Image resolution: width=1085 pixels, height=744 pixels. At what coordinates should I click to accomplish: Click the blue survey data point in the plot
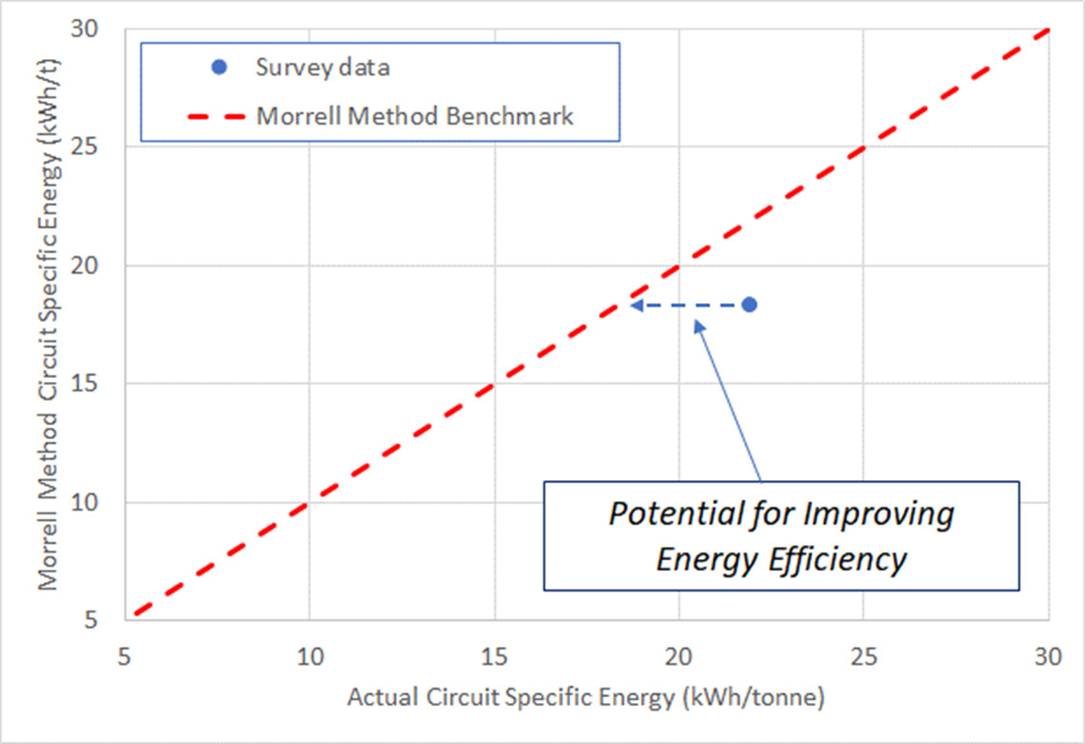pos(749,305)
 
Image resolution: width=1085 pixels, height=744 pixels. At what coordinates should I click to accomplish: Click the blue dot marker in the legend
pos(220,67)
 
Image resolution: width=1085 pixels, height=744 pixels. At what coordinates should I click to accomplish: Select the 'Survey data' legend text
pos(323,67)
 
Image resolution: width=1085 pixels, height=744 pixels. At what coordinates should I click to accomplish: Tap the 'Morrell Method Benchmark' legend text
pos(415,116)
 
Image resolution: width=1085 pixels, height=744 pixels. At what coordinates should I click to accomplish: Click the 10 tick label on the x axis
pos(309,656)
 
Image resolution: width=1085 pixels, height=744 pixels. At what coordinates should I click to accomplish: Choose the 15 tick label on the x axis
pos(494,656)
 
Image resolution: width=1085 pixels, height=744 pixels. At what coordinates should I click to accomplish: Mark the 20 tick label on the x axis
pos(679,656)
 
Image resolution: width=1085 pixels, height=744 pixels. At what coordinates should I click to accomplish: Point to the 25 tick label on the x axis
pos(863,656)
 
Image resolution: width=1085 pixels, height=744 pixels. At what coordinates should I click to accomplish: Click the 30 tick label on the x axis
pos(1047,656)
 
